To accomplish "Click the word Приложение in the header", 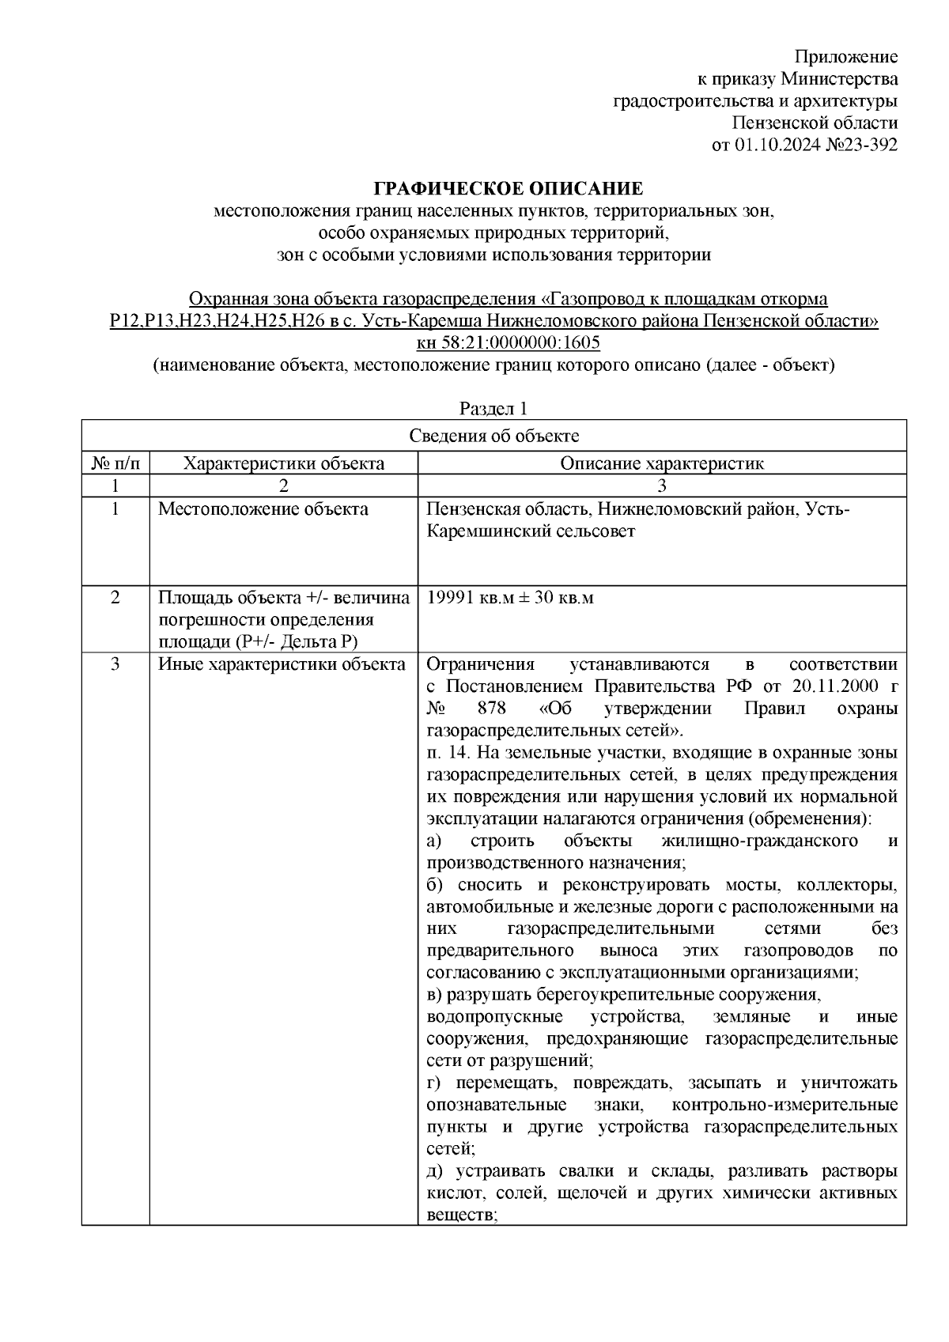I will click(x=845, y=57).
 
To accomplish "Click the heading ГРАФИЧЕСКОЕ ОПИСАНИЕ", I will click(x=508, y=188).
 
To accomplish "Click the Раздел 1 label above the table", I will click(x=493, y=409).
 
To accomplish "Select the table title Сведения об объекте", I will click(x=493, y=436).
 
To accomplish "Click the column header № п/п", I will click(x=115, y=463).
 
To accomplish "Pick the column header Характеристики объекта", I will click(x=284, y=463).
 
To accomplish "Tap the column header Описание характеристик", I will click(x=662, y=463).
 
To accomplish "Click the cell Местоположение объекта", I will click(x=263, y=509).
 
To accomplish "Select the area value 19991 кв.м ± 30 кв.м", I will click(x=510, y=598).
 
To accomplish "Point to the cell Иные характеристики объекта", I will click(x=282, y=664).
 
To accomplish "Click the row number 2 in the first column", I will click(x=115, y=598).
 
